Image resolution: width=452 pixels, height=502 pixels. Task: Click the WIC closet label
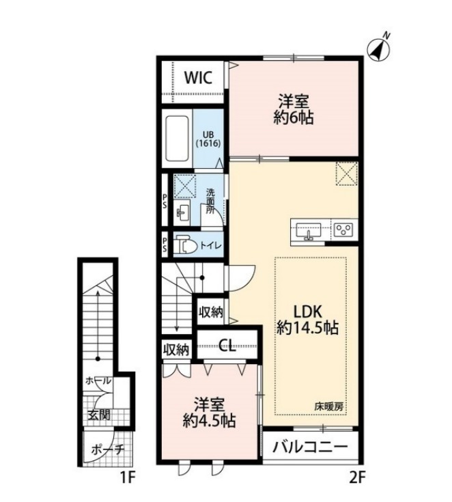198,77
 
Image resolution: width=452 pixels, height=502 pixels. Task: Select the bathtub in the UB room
177,139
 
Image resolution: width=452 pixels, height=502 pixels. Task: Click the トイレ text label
210,246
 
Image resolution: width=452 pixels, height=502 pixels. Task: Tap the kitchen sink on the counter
309,231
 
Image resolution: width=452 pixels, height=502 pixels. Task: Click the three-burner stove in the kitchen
343,229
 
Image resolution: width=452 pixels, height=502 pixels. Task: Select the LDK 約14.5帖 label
308,319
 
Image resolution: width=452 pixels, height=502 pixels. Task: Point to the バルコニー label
310,447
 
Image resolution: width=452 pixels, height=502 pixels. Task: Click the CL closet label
227,346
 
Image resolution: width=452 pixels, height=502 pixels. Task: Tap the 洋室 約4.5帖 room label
210,413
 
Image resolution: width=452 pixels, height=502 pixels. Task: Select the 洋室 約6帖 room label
293,109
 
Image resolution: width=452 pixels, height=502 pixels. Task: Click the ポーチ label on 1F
107,450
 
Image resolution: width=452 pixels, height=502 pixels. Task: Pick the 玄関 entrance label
98,415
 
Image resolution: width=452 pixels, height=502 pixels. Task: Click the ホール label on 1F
98,381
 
